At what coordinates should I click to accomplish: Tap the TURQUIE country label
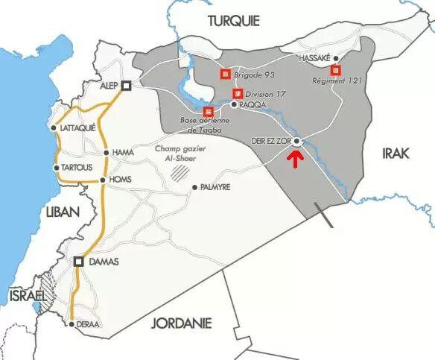[233, 20]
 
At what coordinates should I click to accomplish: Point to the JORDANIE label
[182, 323]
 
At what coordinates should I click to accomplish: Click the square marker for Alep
[127, 86]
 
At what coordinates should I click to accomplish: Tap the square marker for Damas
[79, 261]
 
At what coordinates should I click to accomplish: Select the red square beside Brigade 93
[224, 74]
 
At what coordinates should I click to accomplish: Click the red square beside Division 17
[238, 94]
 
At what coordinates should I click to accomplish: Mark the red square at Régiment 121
[336, 70]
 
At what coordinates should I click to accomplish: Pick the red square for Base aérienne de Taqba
[208, 111]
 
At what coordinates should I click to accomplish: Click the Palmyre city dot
[194, 187]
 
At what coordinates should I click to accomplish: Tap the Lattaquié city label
[77, 127]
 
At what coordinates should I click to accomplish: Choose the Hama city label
[122, 153]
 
